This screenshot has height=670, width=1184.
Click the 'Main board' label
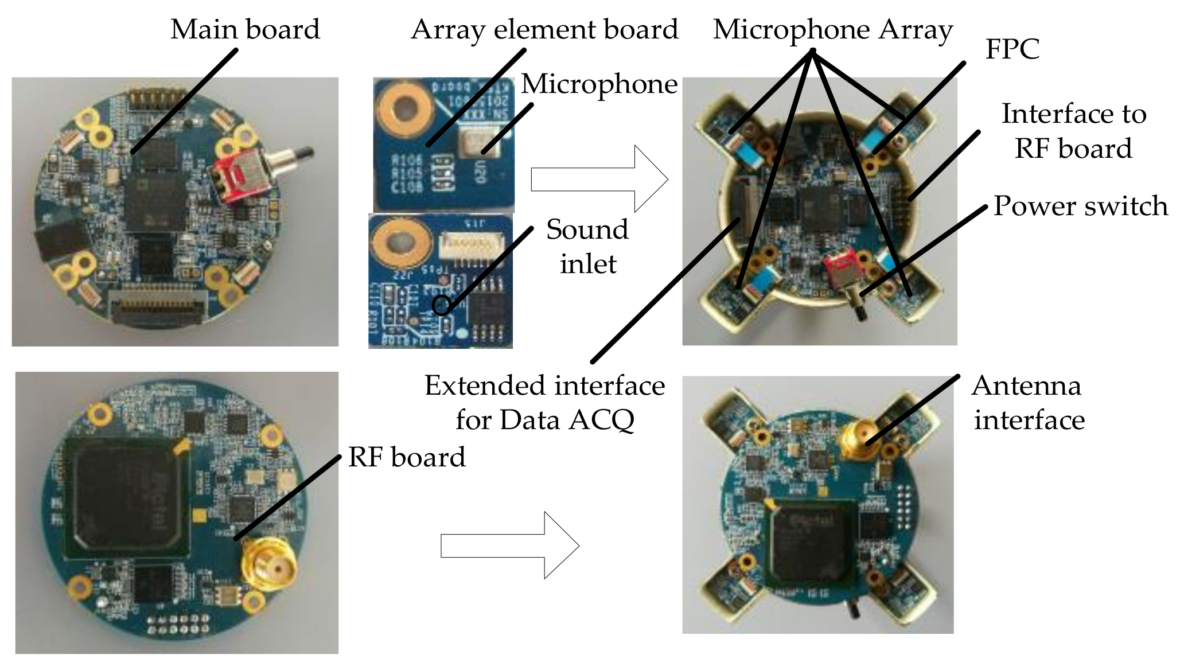point(245,29)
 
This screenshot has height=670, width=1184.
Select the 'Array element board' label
point(544,29)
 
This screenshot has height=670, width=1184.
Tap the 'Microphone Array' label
point(832,29)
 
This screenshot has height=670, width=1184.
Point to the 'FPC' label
point(1012,49)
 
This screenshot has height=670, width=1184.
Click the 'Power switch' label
point(1080,206)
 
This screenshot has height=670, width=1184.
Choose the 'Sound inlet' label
point(587,247)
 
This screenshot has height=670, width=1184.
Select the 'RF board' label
point(407,457)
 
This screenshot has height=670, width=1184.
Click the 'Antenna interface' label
point(1028,403)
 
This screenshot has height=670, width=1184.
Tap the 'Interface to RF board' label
point(1073,131)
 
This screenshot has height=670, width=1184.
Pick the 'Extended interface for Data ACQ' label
point(544,403)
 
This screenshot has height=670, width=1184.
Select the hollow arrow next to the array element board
point(599,179)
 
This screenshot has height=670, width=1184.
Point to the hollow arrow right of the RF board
point(509,545)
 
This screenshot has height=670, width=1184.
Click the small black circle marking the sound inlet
point(441,305)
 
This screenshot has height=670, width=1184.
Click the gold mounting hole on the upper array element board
point(405,107)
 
